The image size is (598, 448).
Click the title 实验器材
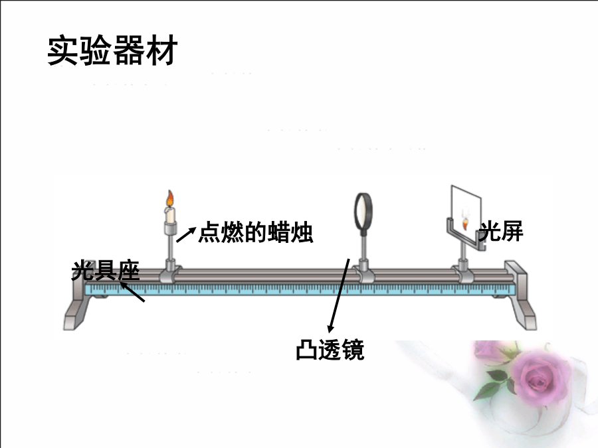click(x=112, y=50)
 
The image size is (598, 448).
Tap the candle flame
click(x=169, y=198)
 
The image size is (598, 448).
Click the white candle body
click(x=170, y=215)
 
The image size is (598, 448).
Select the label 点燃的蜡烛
click(x=256, y=232)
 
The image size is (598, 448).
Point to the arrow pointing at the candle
click(x=186, y=234)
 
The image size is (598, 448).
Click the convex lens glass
click(x=363, y=211)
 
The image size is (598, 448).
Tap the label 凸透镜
click(x=330, y=349)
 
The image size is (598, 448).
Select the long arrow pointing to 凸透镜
click(x=339, y=295)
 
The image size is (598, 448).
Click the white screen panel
click(x=466, y=212)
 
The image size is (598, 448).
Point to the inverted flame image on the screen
click(x=465, y=224)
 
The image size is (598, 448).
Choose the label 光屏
click(x=501, y=231)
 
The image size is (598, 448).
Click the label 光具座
click(x=106, y=271)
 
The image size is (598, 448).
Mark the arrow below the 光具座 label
click(x=132, y=292)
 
